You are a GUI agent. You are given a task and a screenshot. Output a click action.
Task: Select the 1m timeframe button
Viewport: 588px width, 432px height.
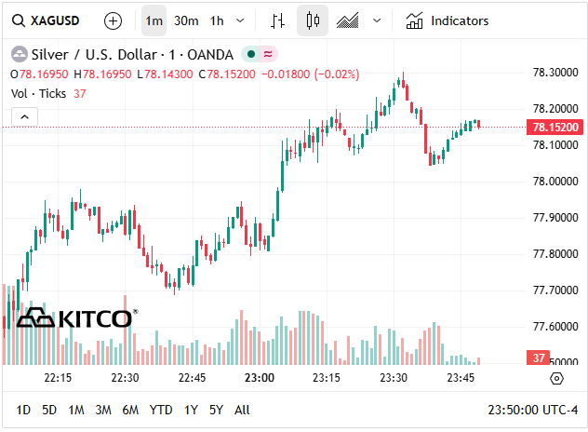(154, 20)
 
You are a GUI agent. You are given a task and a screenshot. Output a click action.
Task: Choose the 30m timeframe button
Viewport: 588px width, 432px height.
(186, 20)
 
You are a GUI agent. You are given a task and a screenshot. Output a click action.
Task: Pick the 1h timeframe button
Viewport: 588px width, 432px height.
(217, 20)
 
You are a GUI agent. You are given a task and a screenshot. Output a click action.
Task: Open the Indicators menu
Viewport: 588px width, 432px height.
(448, 20)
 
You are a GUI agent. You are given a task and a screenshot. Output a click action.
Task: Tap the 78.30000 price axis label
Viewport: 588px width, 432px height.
(552, 72)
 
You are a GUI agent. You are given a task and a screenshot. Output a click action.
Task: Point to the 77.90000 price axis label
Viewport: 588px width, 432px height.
(552, 217)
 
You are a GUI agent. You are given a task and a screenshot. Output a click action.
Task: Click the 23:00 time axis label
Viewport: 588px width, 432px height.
(259, 378)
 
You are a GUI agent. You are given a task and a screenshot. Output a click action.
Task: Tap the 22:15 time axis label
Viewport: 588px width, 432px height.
(58, 378)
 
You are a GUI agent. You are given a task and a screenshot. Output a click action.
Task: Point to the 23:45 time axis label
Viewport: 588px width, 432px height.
(461, 378)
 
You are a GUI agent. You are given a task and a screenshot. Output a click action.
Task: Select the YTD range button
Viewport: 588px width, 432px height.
(161, 410)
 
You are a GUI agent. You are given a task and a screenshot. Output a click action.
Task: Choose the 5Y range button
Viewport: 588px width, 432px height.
(216, 410)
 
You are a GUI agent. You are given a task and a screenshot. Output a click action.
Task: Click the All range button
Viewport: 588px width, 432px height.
(242, 410)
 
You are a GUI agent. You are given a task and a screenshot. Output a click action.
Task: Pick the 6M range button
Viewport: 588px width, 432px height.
(130, 410)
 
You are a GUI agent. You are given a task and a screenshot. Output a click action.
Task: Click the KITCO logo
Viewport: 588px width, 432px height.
(76, 318)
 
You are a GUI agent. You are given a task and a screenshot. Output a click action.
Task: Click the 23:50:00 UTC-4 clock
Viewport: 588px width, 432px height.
(533, 410)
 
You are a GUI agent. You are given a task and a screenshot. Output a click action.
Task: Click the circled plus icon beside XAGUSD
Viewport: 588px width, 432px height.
(113, 20)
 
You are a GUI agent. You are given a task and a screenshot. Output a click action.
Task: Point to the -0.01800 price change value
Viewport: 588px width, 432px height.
(287, 74)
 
